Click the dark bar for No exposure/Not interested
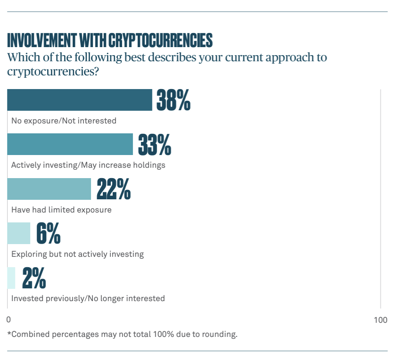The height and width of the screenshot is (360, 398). pos(80,100)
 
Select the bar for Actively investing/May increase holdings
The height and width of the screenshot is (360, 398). pos(70,144)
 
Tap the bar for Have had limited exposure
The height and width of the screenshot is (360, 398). pos(49,189)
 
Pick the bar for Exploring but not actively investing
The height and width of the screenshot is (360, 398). pos(19,233)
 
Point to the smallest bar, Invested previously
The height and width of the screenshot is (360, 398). pos(11,278)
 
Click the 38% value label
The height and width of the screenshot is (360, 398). pos(173,100)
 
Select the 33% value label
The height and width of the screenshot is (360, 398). pos(154,144)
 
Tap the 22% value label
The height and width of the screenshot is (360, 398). pos(113,189)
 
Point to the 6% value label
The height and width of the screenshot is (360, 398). pos(48,233)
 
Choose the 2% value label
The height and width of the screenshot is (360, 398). pos(34,278)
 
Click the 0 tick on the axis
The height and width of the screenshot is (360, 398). pos(8,320)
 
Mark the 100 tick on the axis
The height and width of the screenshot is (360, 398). pos(380,320)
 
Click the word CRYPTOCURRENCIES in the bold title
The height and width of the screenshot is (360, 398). pos(160,41)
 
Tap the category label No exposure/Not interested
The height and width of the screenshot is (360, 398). pos(64,121)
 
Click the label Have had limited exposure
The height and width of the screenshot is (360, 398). pos(61,210)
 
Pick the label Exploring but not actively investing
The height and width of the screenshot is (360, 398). pos(77,254)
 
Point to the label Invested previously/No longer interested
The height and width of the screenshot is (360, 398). pos(88,298)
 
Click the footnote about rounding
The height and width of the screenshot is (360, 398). pos(122,335)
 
